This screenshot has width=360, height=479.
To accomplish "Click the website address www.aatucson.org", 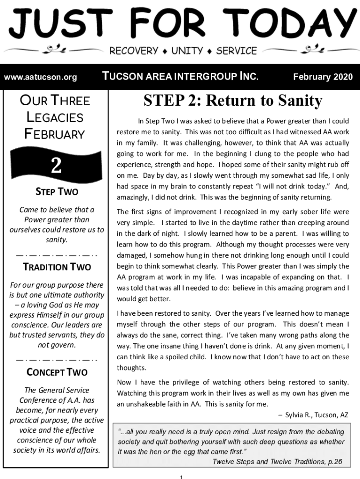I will [40, 77].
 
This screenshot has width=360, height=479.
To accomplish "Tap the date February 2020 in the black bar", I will [323, 77].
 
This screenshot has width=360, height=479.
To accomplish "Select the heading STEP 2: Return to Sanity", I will [233, 100].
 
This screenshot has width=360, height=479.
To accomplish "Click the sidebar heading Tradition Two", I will [57, 267].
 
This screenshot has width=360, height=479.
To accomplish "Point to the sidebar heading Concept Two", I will [57, 372].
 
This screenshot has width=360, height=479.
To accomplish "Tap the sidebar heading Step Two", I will [57, 192].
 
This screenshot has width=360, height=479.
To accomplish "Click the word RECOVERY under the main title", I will [134, 51].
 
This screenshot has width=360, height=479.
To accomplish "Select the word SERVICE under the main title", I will [237, 51].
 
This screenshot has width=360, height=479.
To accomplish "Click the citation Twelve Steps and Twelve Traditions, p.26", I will [277, 462].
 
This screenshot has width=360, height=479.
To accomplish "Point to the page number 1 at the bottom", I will [180, 476].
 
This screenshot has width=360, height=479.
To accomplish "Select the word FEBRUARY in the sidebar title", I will [55, 134].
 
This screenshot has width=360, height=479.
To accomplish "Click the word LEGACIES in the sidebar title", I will [55, 117].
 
